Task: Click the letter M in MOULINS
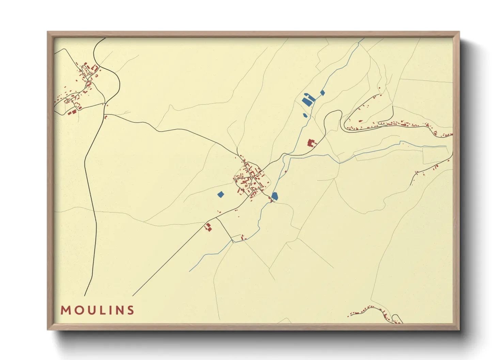(65, 310)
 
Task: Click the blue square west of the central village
(221, 194)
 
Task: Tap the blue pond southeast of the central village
(275, 196)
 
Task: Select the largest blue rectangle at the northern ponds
(307, 100)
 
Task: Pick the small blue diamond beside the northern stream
(322, 92)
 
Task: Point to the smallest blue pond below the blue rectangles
(305, 115)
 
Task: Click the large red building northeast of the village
(311, 143)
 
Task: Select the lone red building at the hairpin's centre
(360, 121)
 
